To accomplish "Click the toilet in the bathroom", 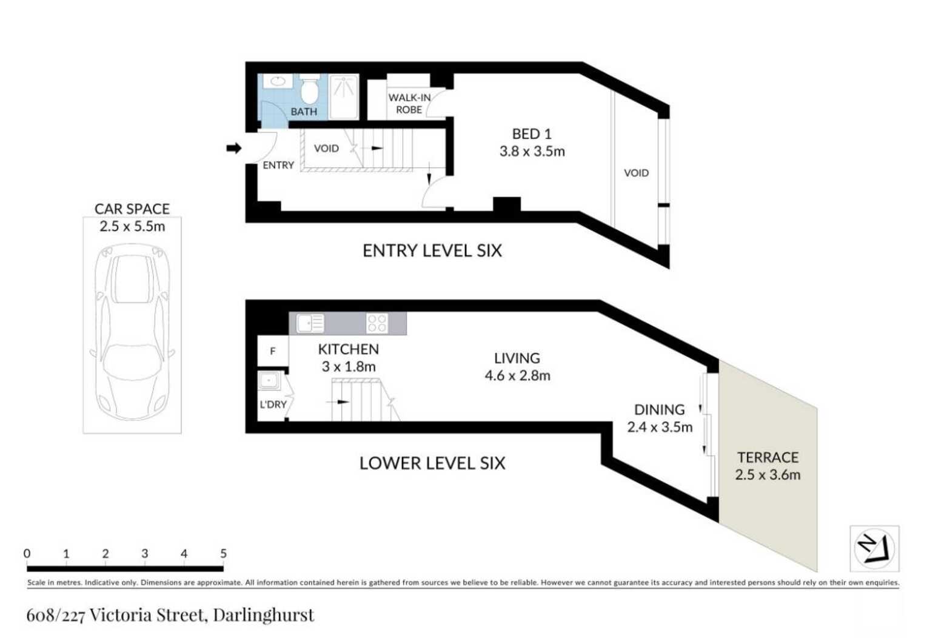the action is [309, 90].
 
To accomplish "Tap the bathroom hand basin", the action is [277, 81].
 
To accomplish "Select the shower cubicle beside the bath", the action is [344, 97].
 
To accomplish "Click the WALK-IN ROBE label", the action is [409, 104].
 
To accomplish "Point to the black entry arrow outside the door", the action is [234, 149].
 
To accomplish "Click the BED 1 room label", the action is [532, 134].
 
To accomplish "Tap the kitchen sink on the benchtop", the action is [310, 324].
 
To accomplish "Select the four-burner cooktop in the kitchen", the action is [377, 324].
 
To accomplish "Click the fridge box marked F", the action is [273, 351].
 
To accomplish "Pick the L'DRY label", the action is [273, 404].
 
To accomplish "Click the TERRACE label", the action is [768, 457].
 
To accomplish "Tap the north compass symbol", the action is [874, 548].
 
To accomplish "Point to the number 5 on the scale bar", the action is [223, 553].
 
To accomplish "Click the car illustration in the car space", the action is [132, 332].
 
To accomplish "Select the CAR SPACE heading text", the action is [132, 209].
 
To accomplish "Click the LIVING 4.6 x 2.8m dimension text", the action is [517, 375].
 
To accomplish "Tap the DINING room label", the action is [659, 410].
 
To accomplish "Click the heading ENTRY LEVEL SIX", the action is [432, 250].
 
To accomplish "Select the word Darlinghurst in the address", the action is [264, 616].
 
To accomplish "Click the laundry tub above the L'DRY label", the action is [269, 381].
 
